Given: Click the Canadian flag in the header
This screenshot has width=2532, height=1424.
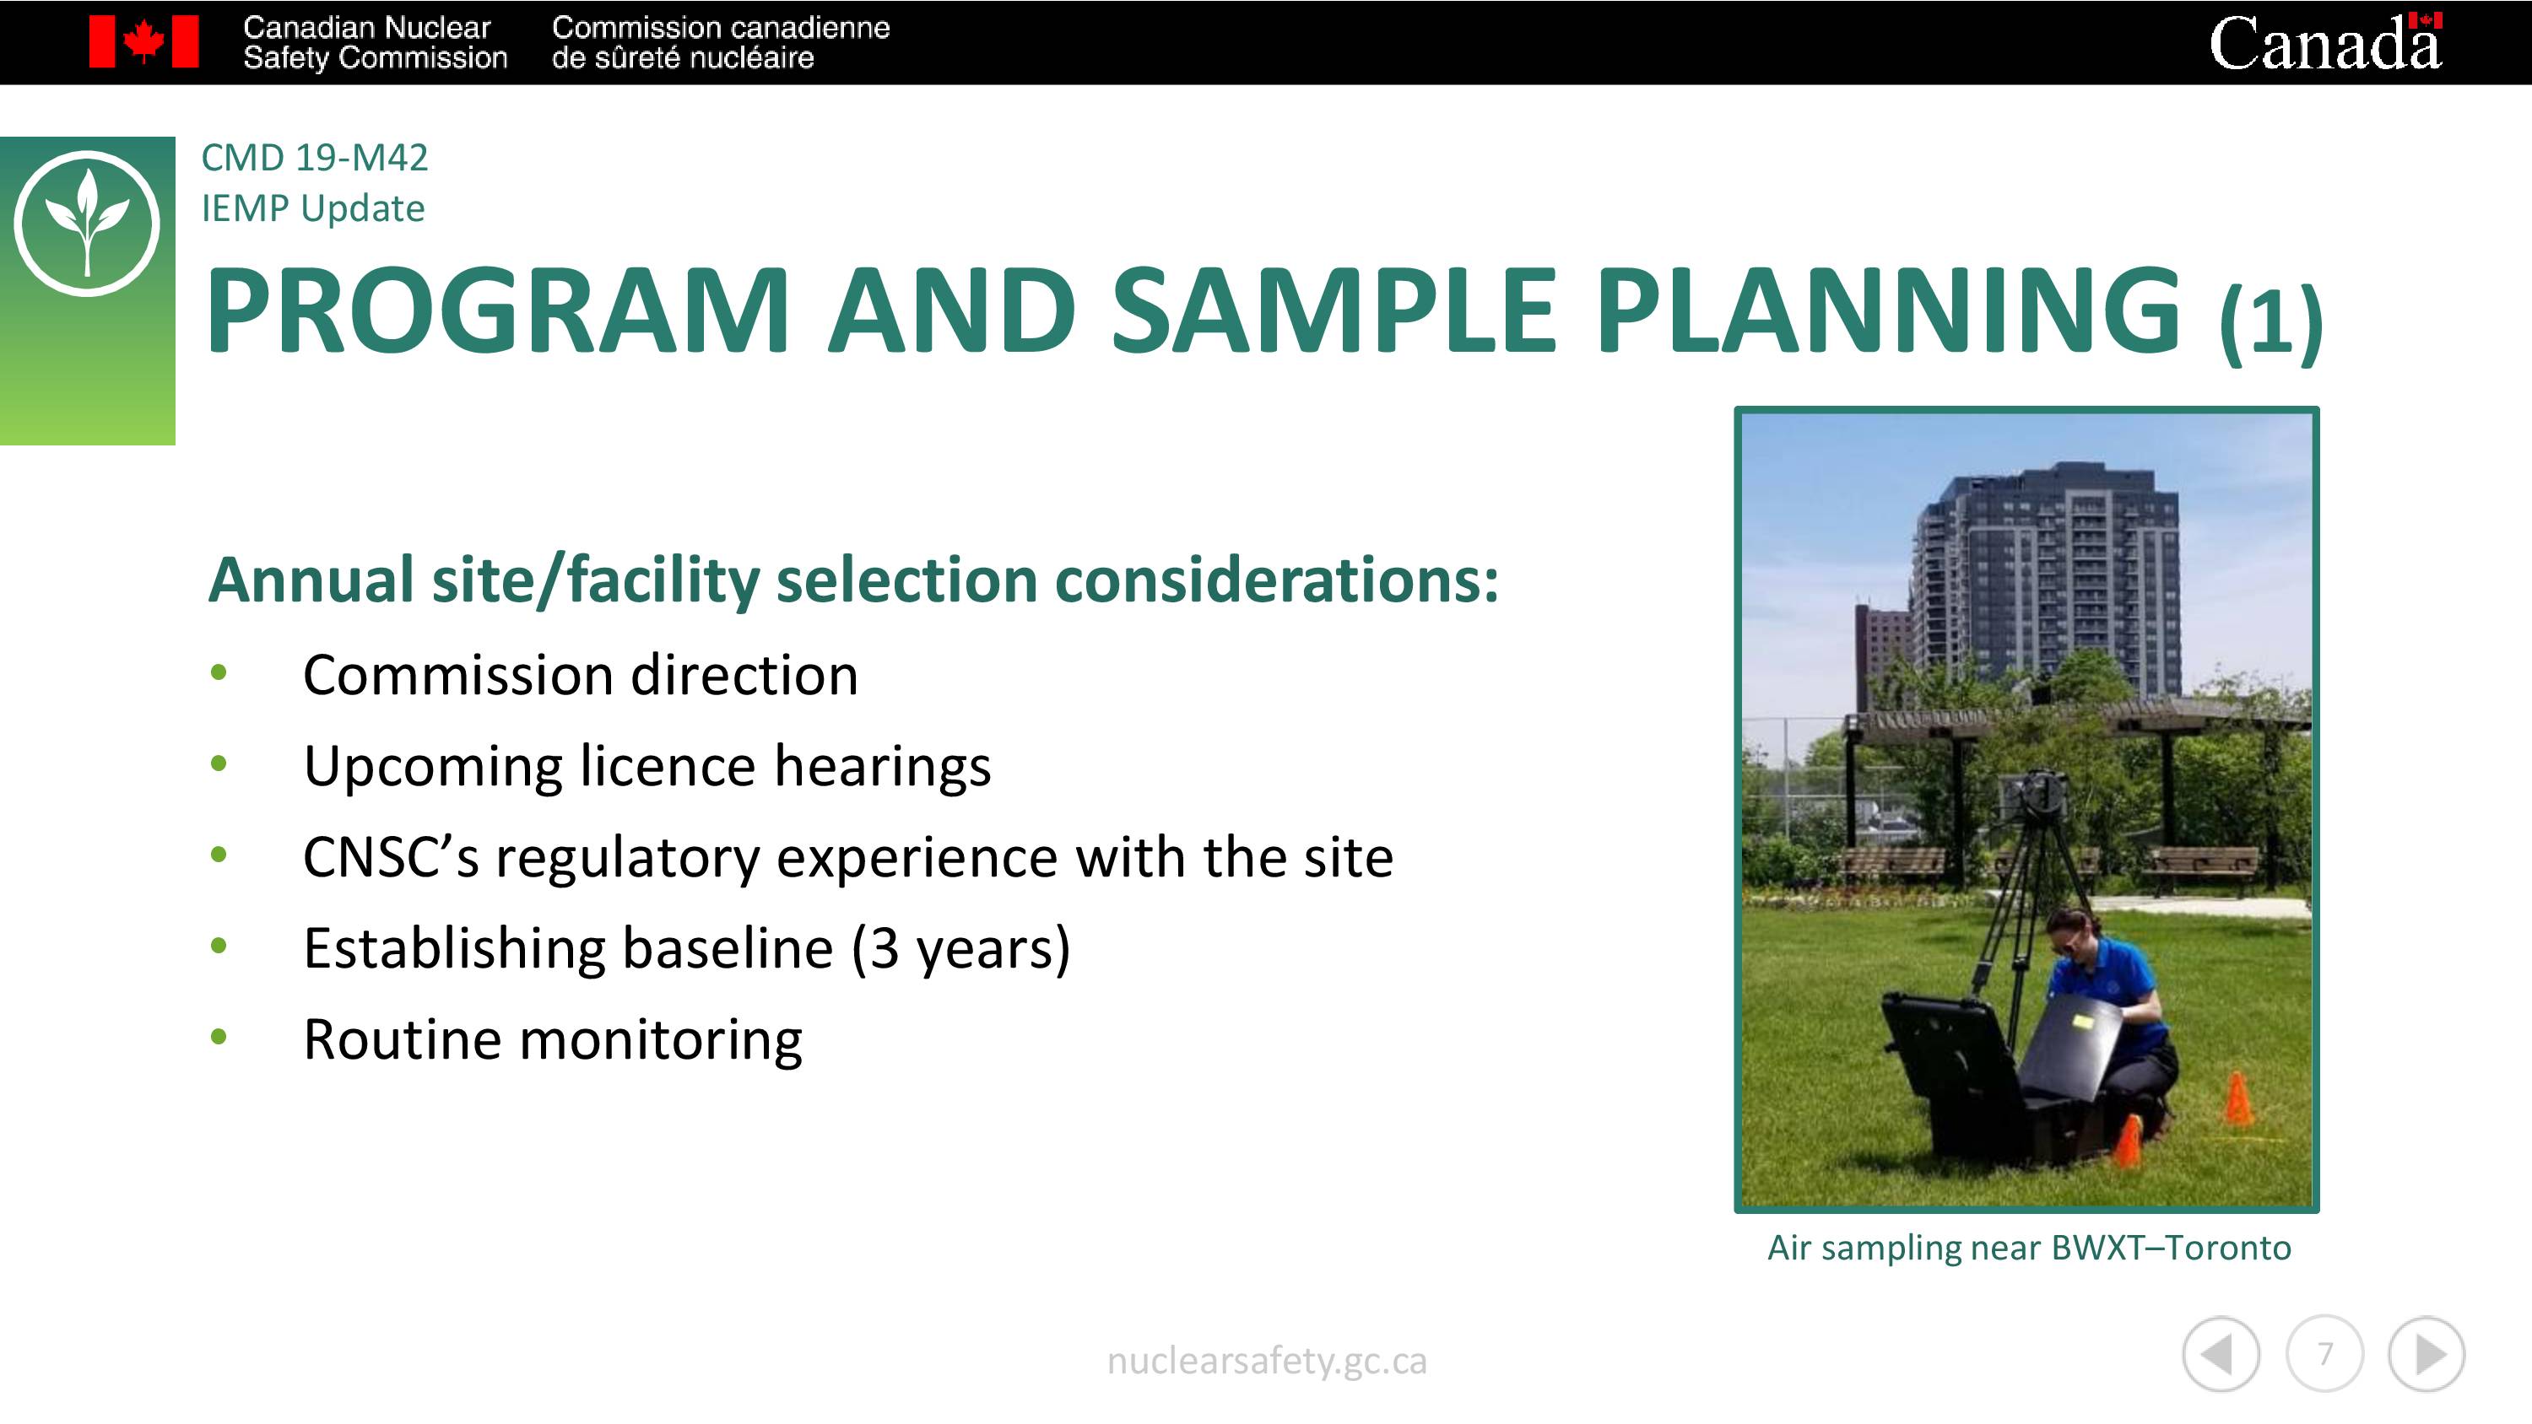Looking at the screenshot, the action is tap(143, 41).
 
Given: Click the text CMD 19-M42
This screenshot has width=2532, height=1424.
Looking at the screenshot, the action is tap(315, 157).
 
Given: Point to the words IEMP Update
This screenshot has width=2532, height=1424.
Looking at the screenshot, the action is tap(312, 208).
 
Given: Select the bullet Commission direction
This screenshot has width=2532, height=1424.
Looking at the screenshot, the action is tap(580, 675).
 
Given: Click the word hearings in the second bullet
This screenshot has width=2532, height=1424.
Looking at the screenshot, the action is tap(883, 767).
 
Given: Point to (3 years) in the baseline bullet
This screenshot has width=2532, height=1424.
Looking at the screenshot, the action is tap(961, 948).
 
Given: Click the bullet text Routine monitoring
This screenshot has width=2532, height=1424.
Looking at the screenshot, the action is tap(553, 1040).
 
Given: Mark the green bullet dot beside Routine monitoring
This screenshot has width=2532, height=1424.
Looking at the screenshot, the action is tap(219, 1036).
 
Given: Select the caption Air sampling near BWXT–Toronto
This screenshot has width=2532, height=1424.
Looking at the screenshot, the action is tap(2029, 1247).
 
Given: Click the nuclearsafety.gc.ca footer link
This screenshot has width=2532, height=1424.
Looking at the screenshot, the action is tap(1266, 1361).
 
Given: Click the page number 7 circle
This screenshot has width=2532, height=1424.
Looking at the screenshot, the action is tap(2324, 1353).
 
